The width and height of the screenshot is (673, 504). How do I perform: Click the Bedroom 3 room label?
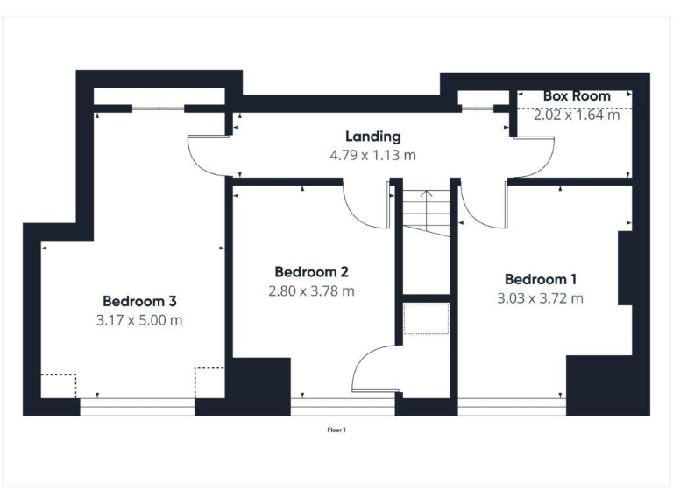138,299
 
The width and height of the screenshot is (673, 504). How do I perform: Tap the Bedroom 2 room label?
311,270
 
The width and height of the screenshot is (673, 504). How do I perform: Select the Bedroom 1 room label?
541,279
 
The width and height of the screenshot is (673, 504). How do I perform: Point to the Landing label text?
372,136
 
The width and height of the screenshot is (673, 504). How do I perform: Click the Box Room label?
577,95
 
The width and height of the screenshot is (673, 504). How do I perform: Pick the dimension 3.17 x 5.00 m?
138,320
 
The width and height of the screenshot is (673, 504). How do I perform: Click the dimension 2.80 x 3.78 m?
311,290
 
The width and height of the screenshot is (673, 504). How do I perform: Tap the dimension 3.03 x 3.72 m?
541,299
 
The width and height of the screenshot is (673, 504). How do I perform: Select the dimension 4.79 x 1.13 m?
372,156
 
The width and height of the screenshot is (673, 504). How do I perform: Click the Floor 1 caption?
336,430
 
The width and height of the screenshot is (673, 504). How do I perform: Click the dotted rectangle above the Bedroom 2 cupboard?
426,319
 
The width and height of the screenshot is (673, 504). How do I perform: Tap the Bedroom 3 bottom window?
137,405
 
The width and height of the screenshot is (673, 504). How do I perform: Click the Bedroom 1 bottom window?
511,405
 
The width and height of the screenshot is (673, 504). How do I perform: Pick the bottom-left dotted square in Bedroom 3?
58,384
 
